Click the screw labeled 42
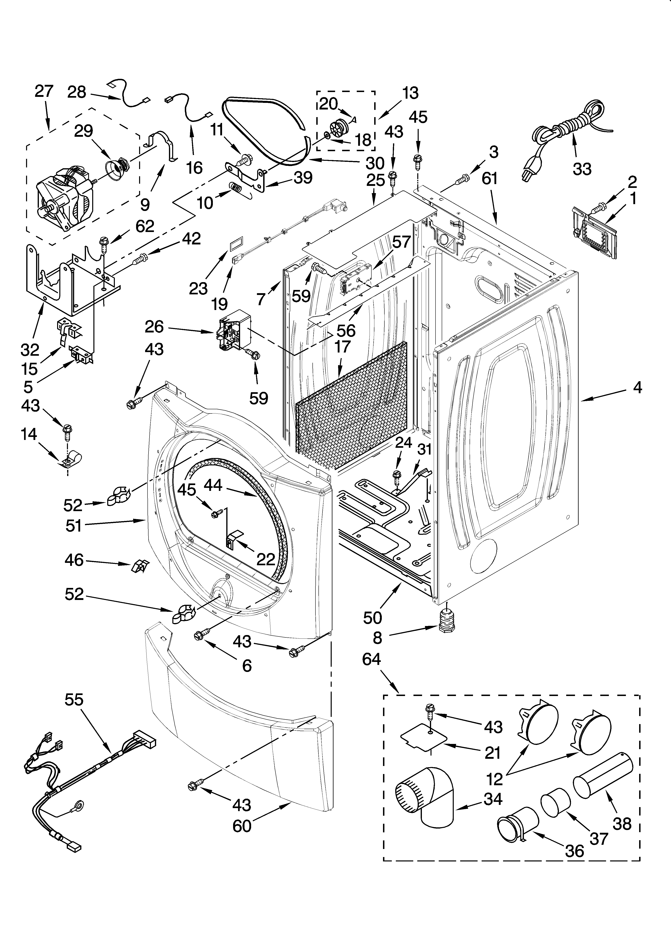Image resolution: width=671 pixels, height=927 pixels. [x=141, y=257]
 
